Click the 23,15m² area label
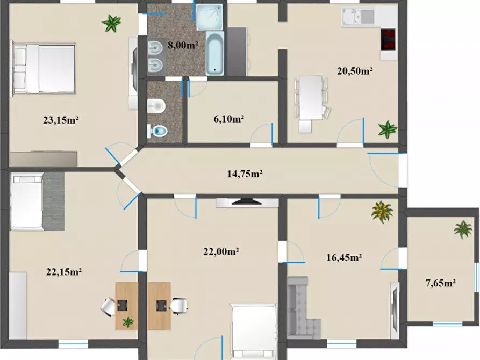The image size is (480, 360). tap(61, 120)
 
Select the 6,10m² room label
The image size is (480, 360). tap(229, 119)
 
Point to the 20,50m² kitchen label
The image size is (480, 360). tap(355, 70)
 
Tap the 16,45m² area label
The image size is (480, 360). tap(344, 257)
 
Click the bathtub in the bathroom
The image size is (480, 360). tap(215, 53)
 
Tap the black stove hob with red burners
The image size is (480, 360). tap(388, 39)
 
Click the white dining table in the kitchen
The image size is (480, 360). tap(310, 97)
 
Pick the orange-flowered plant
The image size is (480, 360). tap(382, 212)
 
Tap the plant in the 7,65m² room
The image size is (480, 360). tap(463, 229)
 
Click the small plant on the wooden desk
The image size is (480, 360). tap(128, 322)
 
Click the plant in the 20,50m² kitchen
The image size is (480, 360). tap(387, 129)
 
